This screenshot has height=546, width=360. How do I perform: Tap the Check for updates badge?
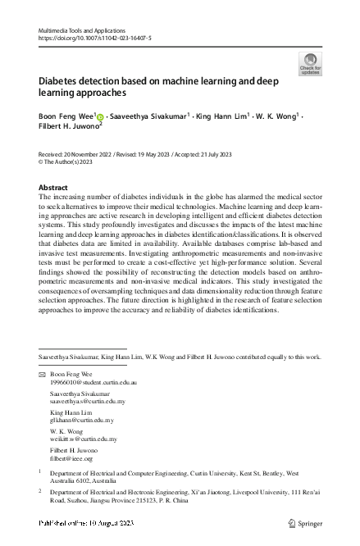(311, 64)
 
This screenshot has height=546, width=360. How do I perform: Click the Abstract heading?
(53, 188)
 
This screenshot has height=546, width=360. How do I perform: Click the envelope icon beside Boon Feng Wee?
(43, 397)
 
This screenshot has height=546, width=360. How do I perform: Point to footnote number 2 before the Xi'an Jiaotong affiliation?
(41, 491)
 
